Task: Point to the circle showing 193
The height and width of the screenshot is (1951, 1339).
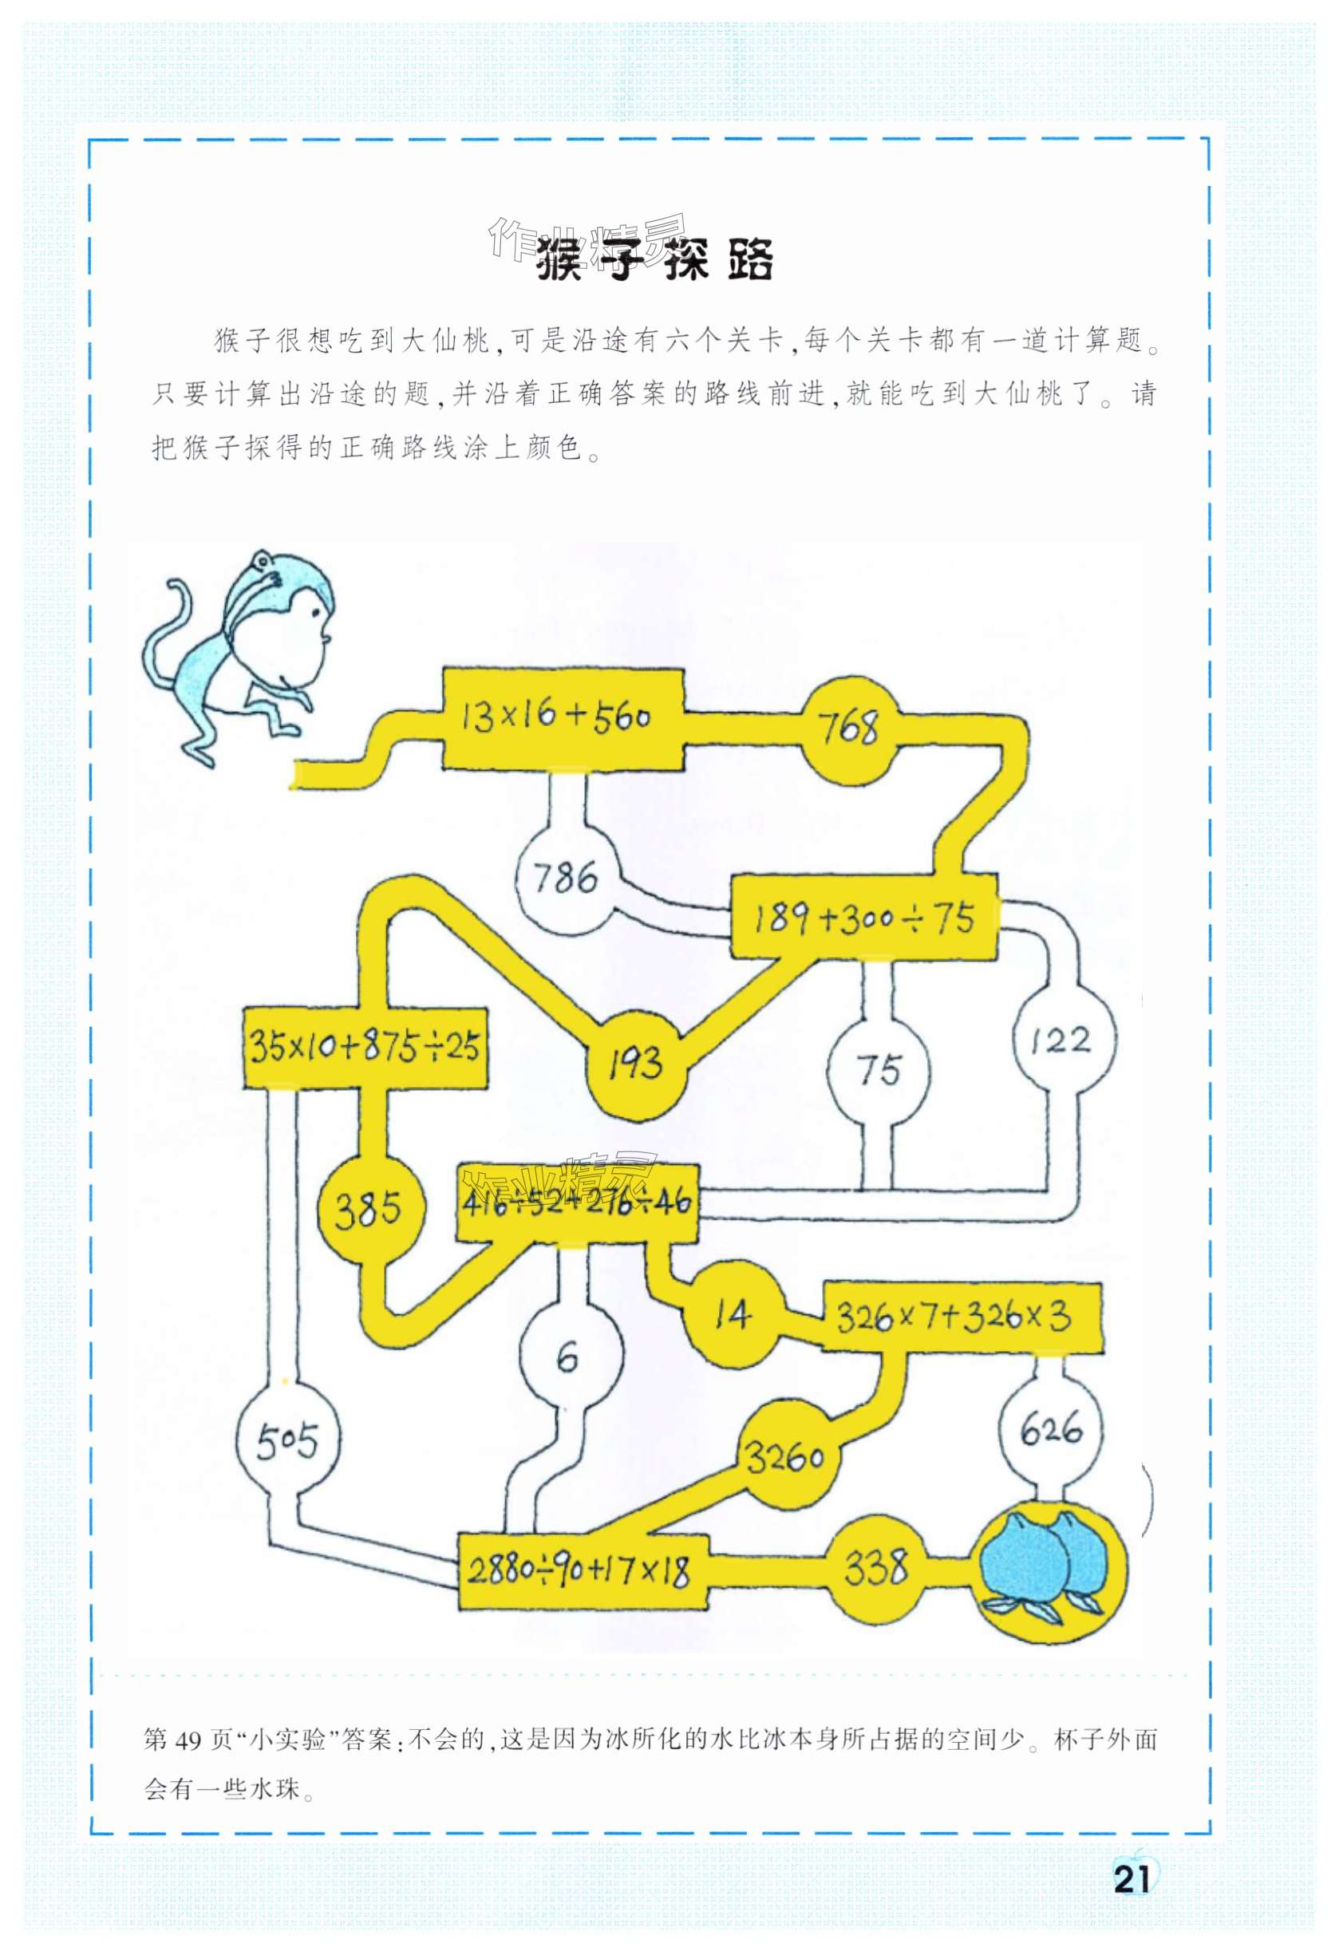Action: [x=635, y=1062]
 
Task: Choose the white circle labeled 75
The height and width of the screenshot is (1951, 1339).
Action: [x=878, y=1069]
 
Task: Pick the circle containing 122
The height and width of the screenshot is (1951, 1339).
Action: [x=1063, y=1041]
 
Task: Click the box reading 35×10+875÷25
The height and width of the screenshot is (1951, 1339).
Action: [x=365, y=1047]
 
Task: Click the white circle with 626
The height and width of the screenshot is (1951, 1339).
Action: [x=1050, y=1428]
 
